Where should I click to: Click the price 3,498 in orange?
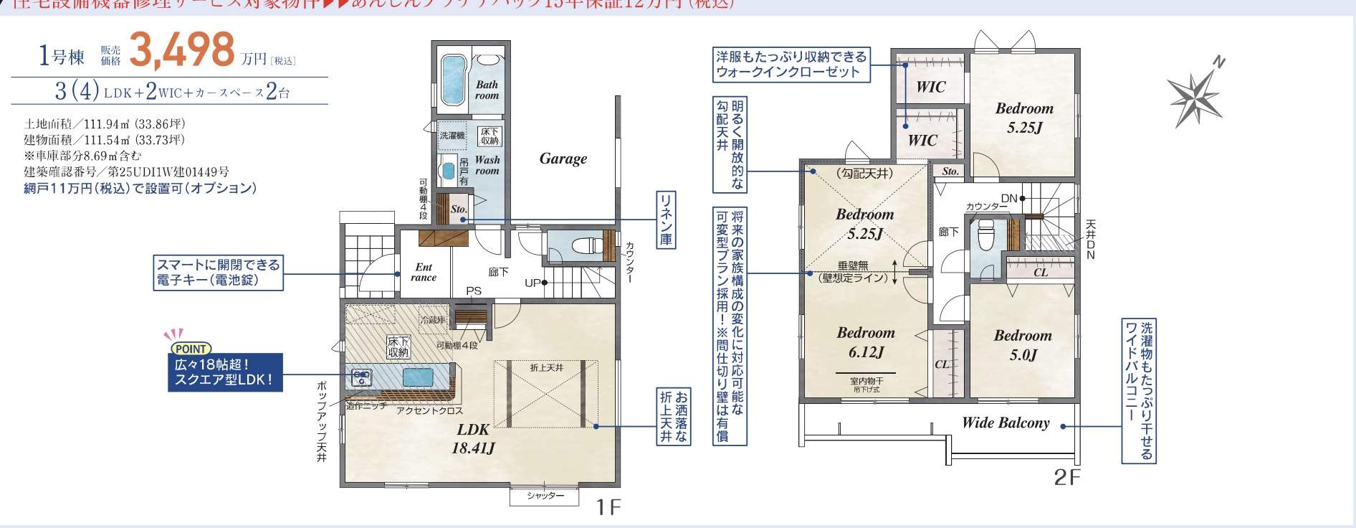click(182, 50)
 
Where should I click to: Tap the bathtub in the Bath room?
click(451, 79)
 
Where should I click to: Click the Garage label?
click(563, 159)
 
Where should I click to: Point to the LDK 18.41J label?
click(473, 438)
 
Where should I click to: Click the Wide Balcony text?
click(1006, 423)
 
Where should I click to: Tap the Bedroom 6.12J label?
click(866, 341)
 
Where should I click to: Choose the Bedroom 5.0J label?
click(1023, 344)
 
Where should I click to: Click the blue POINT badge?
click(190, 349)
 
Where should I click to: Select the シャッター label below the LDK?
click(545, 496)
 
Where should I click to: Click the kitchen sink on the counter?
click(413, 377)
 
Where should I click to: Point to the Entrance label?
click(424, 272)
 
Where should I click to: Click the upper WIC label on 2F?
click(930, 87)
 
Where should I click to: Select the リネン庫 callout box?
click(666, 220)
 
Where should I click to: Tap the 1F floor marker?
click(607, 507)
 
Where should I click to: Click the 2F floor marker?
click(1067, 477)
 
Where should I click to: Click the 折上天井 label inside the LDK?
click(547, 367)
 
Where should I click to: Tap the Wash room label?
click(487, 165)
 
